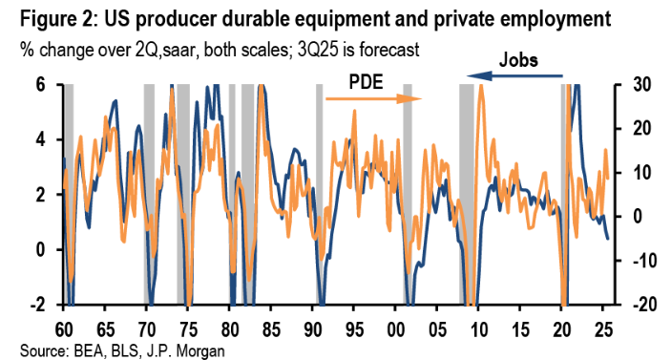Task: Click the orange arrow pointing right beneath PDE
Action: tap(373, 97)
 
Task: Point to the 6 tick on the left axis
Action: tap(41, 85)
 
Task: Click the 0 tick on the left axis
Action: tap(41, 250)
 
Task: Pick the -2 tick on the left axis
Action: tap(37, 305)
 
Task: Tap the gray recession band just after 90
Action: tap(320, 191)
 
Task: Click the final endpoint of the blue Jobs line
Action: tap(610, 239)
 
